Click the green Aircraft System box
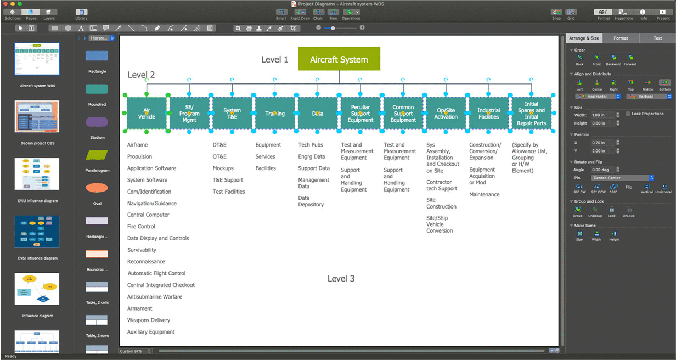point(339,59)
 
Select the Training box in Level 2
point(275,114)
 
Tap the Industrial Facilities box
point(488,114)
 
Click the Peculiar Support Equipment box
point(360,114)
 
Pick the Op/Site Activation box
point(446,114)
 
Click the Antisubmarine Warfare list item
point(155,297)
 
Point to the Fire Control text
point(141,227)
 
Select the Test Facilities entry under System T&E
point(229,192)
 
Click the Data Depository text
point(311,201)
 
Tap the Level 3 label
point(341,279)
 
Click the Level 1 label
point(275,60)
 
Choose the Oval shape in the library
point(97,188)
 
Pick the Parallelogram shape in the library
point(97,155)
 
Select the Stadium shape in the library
point(97,122)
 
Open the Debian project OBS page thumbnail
point(37,116)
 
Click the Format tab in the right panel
point(621,38)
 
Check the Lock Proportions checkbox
point(628,114)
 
